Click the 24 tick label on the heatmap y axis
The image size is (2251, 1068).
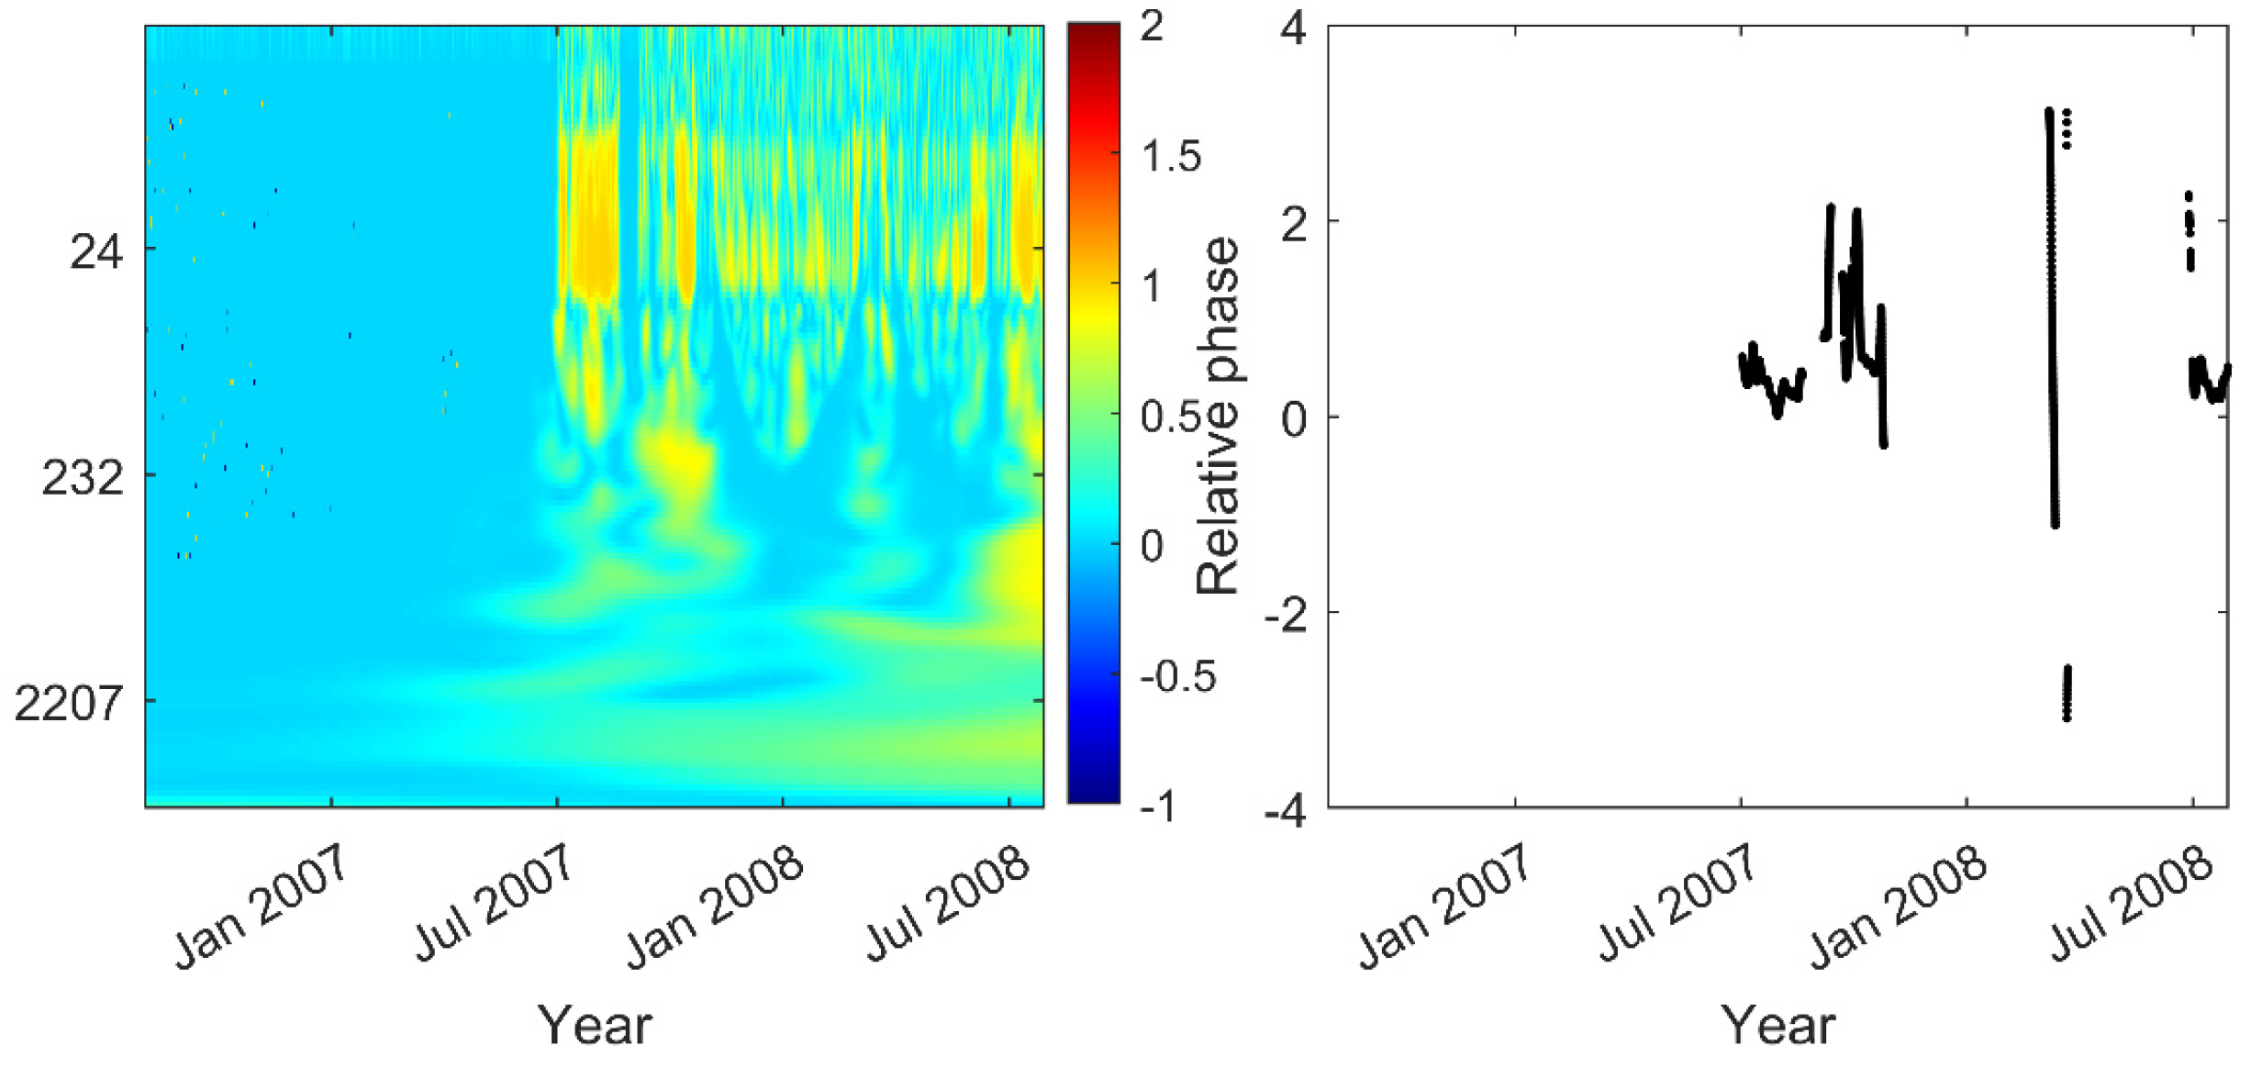coord(95,250)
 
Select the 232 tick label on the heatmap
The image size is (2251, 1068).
coord(82,477)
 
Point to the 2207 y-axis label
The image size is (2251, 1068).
coord(69,704)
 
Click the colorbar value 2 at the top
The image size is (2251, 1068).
coord(1152,27)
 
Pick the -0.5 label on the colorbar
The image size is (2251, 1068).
coord(1177,677)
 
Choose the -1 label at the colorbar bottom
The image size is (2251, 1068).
coord(1157,807)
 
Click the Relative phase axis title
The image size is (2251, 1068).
coord(1218,417)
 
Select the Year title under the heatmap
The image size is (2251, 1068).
coord(595,1025)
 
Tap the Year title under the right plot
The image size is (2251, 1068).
coord(1777,1025)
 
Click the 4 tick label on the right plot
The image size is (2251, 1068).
coord(1293,28)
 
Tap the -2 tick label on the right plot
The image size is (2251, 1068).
coord(1286,613)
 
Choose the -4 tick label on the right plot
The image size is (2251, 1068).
coord(1286,809)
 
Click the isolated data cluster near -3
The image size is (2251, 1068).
coord(2067,693)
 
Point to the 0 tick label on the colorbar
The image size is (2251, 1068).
coord(1152,547)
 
